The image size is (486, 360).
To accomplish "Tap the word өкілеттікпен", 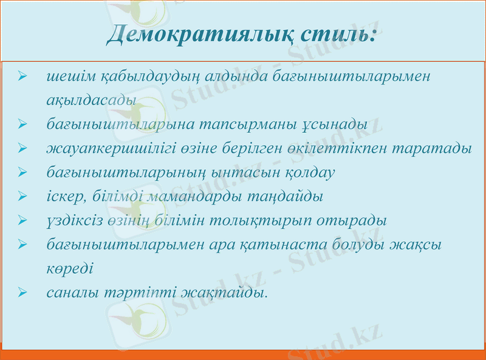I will coord(347,148).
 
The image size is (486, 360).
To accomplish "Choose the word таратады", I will coord(437,148).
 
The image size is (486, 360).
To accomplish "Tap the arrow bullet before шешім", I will coord(22,78).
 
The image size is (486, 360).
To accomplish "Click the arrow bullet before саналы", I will coord(22,292).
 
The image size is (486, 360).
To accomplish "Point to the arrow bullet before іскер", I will coord(22,196).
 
